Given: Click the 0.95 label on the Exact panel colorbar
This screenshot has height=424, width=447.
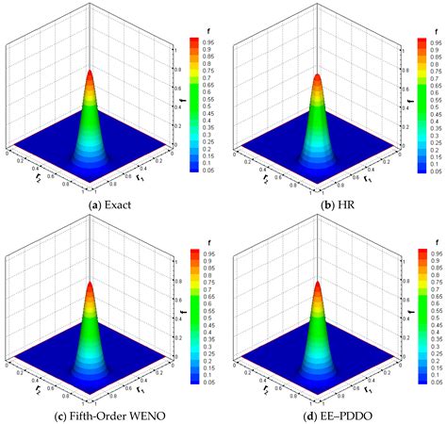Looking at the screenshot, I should [208, 42].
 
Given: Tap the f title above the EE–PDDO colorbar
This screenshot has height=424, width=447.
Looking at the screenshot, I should [418, 235].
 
